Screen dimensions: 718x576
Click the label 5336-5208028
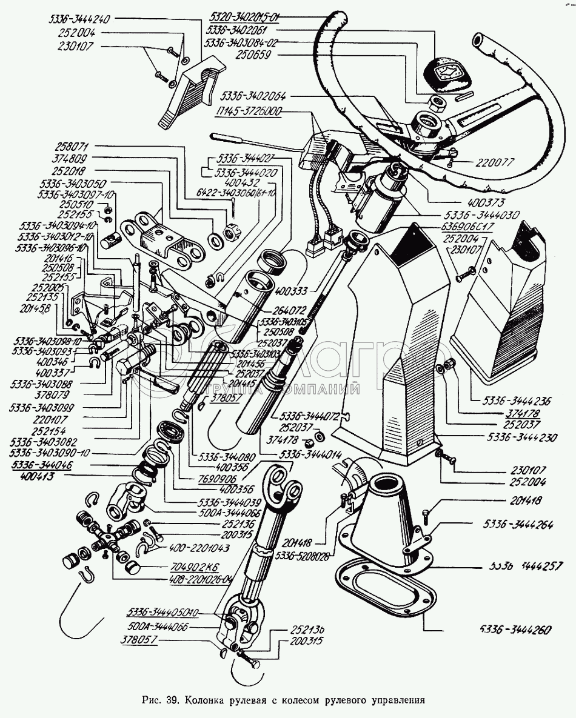coord(306,555)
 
